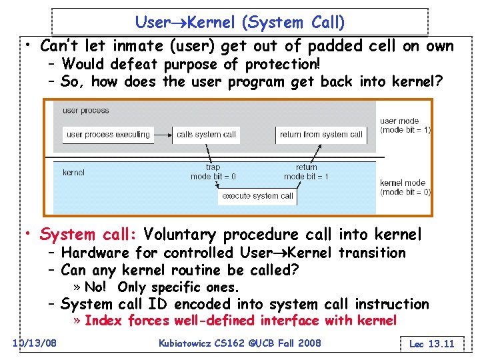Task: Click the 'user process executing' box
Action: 108,135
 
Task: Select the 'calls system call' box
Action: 206,135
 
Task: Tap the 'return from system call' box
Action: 321,135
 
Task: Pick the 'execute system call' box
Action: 257,196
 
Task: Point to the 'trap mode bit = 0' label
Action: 213,172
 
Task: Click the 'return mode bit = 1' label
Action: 307,172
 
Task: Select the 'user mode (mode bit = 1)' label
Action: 405,125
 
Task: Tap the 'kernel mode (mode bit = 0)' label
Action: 405,187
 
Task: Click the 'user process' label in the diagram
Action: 85,110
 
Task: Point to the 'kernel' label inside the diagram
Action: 73,172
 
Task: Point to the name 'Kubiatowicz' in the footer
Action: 189,343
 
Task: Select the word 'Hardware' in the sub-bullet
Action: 89,253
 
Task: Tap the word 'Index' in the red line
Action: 104,321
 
